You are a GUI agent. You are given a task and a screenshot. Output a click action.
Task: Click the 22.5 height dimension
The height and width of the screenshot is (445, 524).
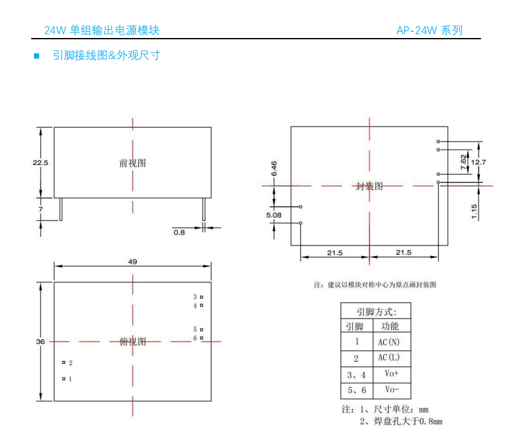(40, 162)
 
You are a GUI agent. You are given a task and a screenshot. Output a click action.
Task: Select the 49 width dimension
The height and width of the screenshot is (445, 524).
(132, 262)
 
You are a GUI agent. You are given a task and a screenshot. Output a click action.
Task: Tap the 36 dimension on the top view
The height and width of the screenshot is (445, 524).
(40, 342)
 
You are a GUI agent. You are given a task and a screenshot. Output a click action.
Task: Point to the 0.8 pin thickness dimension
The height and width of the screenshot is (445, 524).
(179, 232)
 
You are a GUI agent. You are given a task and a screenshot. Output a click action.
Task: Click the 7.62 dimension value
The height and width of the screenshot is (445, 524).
(463, 162)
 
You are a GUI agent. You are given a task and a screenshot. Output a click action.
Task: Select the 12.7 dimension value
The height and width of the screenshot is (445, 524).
(479, 162)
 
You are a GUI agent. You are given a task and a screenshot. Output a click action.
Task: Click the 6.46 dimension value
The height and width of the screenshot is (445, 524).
(274, 168)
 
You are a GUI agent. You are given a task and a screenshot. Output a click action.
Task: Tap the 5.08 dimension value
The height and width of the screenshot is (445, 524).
(274, 215)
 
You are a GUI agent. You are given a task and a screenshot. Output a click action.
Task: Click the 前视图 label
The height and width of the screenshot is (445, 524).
(132, 163)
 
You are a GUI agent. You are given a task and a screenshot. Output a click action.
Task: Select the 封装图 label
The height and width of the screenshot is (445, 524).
(369, 186)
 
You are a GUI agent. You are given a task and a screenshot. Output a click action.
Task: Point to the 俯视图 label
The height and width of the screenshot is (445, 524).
(132, 342)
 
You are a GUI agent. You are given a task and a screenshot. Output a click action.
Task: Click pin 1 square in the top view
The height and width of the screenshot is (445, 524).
(64, 378)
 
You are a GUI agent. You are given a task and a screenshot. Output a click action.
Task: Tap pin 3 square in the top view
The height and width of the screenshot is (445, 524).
(201, 297)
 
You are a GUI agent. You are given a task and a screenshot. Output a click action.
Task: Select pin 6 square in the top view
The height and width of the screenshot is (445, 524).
(201, 338)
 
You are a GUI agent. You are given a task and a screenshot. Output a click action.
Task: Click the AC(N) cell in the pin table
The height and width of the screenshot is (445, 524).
(389, 342)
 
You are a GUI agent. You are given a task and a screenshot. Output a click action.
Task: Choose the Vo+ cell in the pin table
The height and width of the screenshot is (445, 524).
(391, 373)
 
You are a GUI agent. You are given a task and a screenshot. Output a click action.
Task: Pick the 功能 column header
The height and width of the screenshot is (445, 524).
(389, 326)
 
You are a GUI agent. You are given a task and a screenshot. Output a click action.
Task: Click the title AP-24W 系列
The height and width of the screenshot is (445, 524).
(429, 31)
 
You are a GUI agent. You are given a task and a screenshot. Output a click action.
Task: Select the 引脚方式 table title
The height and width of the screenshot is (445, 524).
(375, 311)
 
